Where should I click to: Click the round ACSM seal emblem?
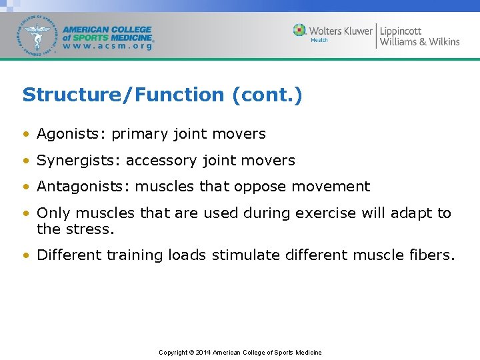coord(38,35)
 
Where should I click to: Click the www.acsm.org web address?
coord(107,47)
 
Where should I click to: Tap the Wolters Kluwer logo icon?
coord(300,30)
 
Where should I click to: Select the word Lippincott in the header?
coord(401,31)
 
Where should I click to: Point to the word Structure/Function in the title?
coord(123,95)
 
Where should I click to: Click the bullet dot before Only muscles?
coord(26,214)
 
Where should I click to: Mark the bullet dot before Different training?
coord(26,255)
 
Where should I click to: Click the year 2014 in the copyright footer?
coord(203,352)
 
